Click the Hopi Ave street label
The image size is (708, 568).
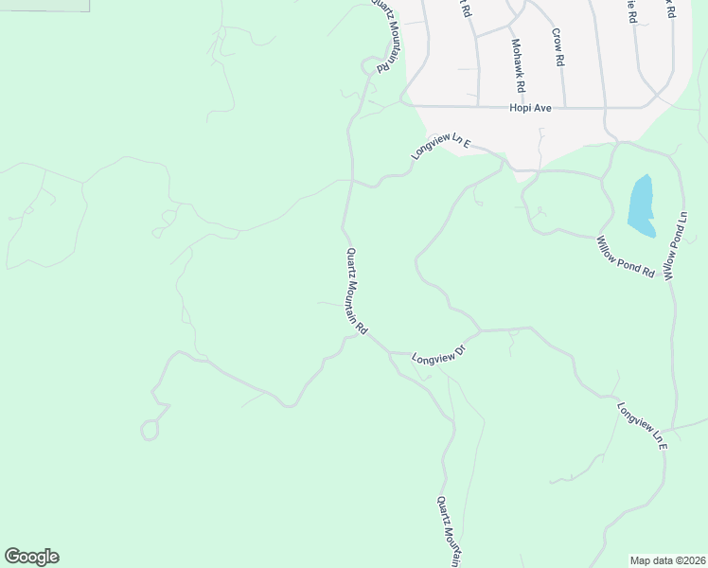pyautogui.click(x=530, y=108)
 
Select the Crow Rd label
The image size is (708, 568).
pyautogui.click(x=558, y=46)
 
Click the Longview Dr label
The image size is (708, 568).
pyautogui.click(x=441, y=355)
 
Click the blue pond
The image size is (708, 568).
pyautogui.click(x=642, y=205)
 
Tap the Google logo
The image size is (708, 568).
pyautogui.click(x=31, y=557)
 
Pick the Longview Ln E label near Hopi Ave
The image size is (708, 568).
pyautogui.click(x=441, y=146)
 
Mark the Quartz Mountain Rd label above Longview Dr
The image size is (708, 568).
pyautogui.click(x=356, y=290)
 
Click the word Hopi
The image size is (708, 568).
pyautogui.click(x=521, y=108)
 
